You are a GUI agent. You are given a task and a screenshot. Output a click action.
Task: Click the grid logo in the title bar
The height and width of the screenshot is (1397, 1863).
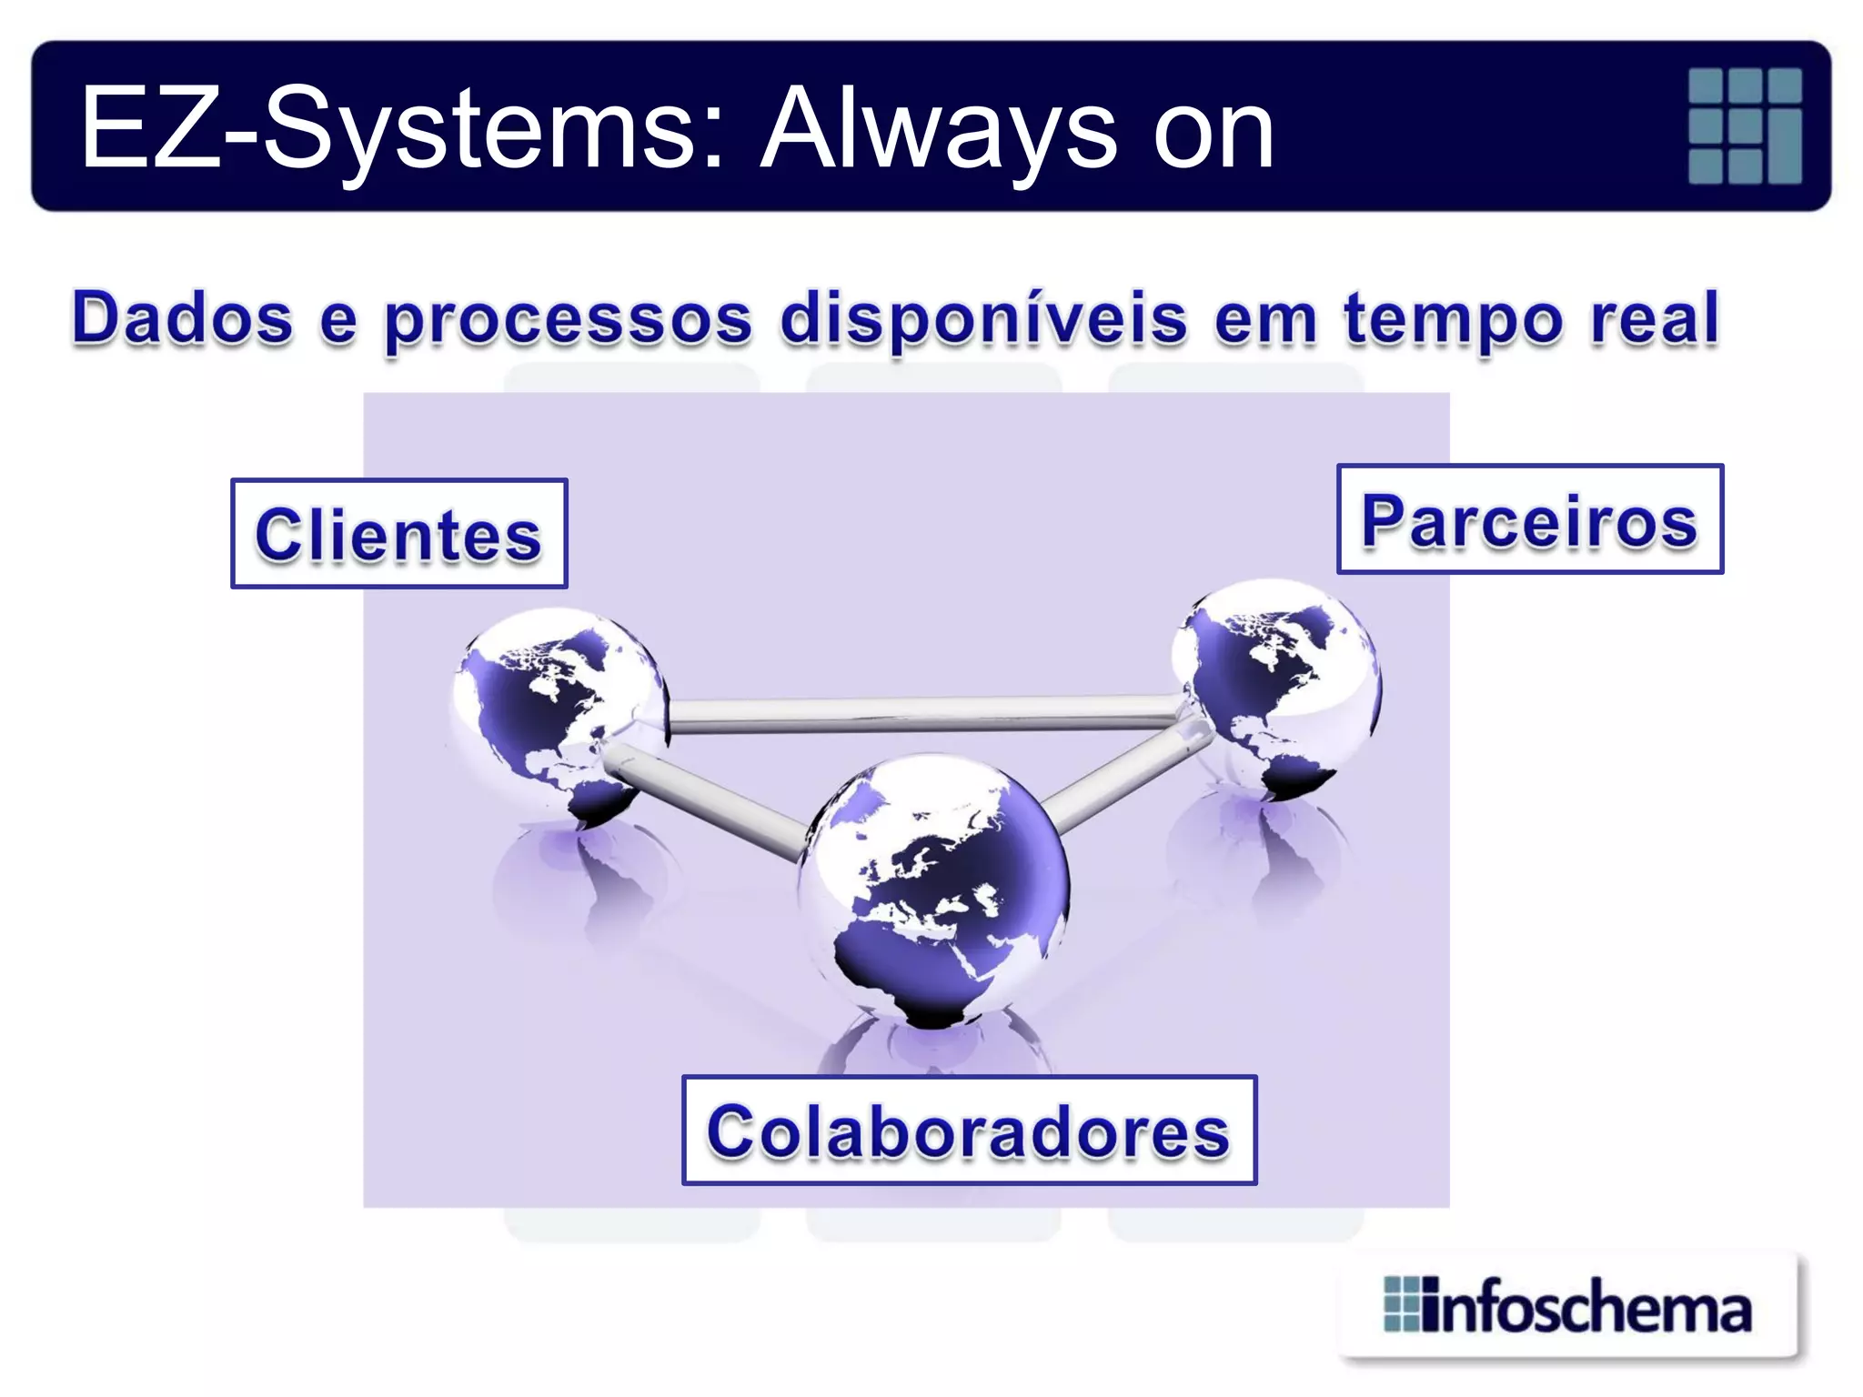(1745, 126)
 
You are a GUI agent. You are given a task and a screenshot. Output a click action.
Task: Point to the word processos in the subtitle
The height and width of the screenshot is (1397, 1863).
(569, 320)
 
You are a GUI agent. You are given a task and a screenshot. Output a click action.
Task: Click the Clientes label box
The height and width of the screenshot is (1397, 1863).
(399, 534)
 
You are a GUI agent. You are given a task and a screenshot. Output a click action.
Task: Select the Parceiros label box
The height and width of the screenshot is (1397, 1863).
(1529, 519)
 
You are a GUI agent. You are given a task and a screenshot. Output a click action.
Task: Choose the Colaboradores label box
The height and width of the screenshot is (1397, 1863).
(969, 1131)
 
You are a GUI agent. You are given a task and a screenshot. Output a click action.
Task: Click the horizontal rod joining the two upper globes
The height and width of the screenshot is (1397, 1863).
(919, 714)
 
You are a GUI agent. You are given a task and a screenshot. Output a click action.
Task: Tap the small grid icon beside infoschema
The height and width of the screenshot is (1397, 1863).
(1401, 1305)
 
